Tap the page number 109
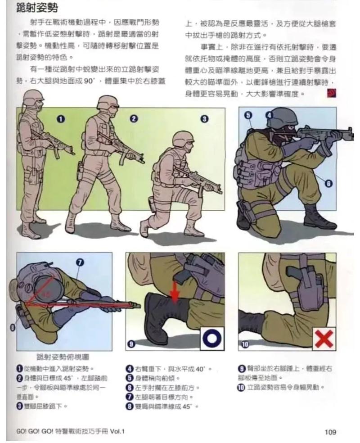pos(330,432)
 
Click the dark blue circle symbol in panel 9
pos(211,338)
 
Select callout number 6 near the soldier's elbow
pos(328,184)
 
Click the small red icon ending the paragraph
pos(334,94)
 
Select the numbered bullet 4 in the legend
pos(129,368)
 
